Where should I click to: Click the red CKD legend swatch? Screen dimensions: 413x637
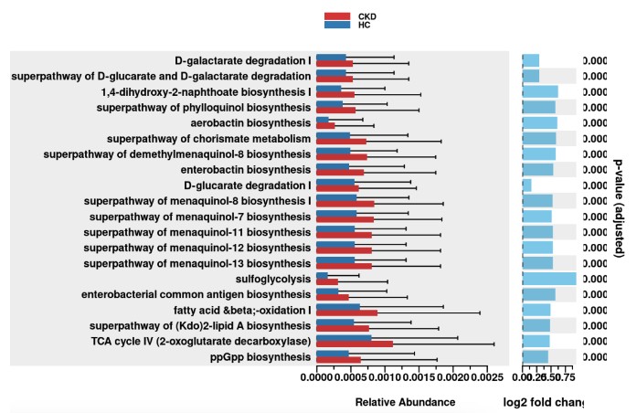click(338, 16)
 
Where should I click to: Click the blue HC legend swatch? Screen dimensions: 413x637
click(338, 25)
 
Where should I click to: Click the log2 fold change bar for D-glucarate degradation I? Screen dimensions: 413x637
click(527, 185)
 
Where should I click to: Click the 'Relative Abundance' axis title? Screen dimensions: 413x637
click(405, 402)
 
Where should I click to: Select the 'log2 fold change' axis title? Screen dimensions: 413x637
click(544, 402)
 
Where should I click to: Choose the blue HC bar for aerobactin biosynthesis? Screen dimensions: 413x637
click(323, 120)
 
